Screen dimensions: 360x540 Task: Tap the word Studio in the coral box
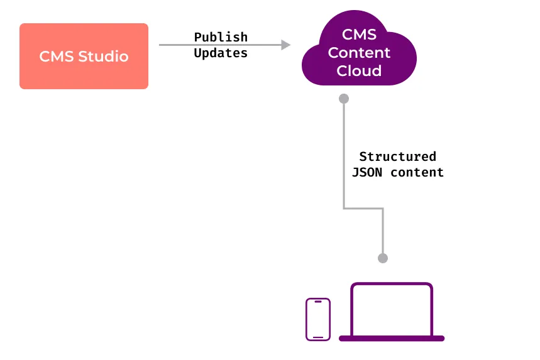[x=105, y=57]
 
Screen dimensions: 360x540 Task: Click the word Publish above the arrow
[x=221, y=37]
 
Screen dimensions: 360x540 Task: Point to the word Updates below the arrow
[x=221, y=53]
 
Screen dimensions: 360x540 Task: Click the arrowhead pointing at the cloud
[x=286, y=45]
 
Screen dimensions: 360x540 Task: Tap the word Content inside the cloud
[x=359, y=53]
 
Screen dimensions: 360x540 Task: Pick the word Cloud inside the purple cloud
[x=359, y=71]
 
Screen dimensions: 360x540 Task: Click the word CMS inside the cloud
[x=359, y=35]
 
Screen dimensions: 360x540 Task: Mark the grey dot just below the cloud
[x=344, y=99]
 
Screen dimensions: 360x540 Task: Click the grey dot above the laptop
[x=383, y=258]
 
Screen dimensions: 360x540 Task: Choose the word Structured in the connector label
[x=397, y=156]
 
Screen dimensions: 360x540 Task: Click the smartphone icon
[x=318, y=319]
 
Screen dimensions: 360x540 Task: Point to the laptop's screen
[x=392, y=310]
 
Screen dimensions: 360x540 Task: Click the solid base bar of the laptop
[x=392, y=338]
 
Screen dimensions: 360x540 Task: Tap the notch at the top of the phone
[x=318, y=302]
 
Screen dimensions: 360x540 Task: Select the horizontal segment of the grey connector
[x=363, y=208]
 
